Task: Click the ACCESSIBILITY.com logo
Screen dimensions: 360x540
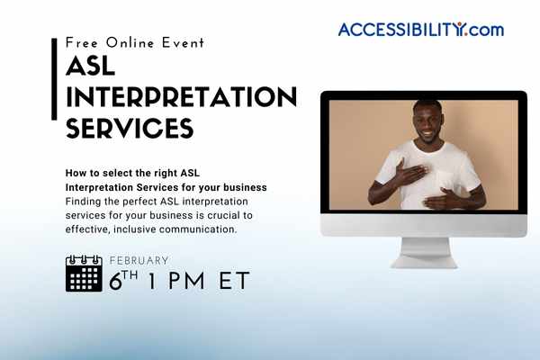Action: (x=420, y=30)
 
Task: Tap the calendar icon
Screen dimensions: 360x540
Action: (x=84, y=274)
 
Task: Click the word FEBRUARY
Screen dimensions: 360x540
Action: (x=139, y=260)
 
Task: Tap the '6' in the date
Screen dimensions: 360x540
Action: (x=116, y=281)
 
